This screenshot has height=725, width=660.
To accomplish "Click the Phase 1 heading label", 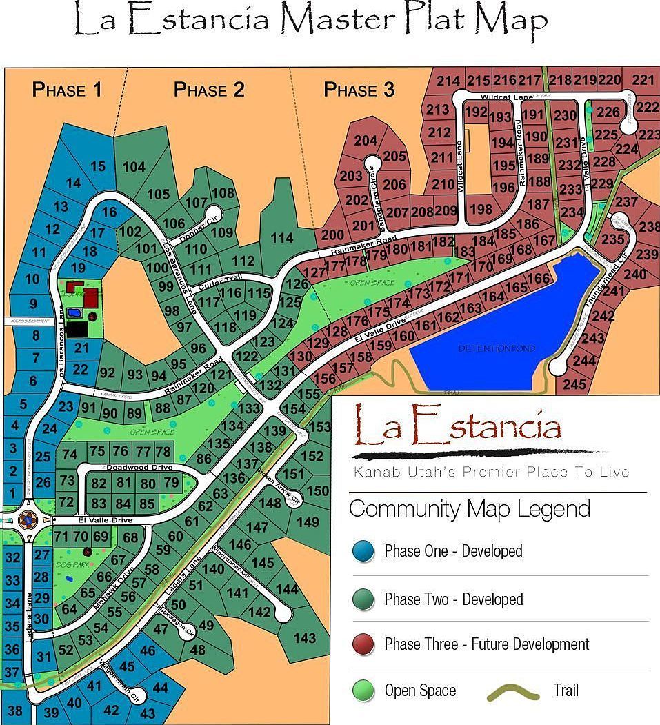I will [68, 90].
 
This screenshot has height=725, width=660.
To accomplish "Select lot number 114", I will [281, 238].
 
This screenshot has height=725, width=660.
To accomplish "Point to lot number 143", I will [304, 638].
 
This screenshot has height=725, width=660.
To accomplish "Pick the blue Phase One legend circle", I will [363, 551].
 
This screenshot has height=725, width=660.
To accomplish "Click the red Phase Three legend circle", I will [363, 644].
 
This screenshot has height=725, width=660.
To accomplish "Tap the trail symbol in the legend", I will [514, 691].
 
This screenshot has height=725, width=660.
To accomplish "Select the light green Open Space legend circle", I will [363, 691].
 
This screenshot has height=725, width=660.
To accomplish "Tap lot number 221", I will [643, 80].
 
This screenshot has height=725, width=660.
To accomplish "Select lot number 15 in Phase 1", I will [98, 166].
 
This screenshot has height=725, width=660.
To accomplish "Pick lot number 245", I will [574, 384].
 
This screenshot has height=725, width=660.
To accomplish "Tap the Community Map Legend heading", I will [469, 509].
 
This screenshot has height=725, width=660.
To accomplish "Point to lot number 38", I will [14, 711].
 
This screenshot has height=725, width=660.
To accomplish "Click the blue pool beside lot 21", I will [73, 313].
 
